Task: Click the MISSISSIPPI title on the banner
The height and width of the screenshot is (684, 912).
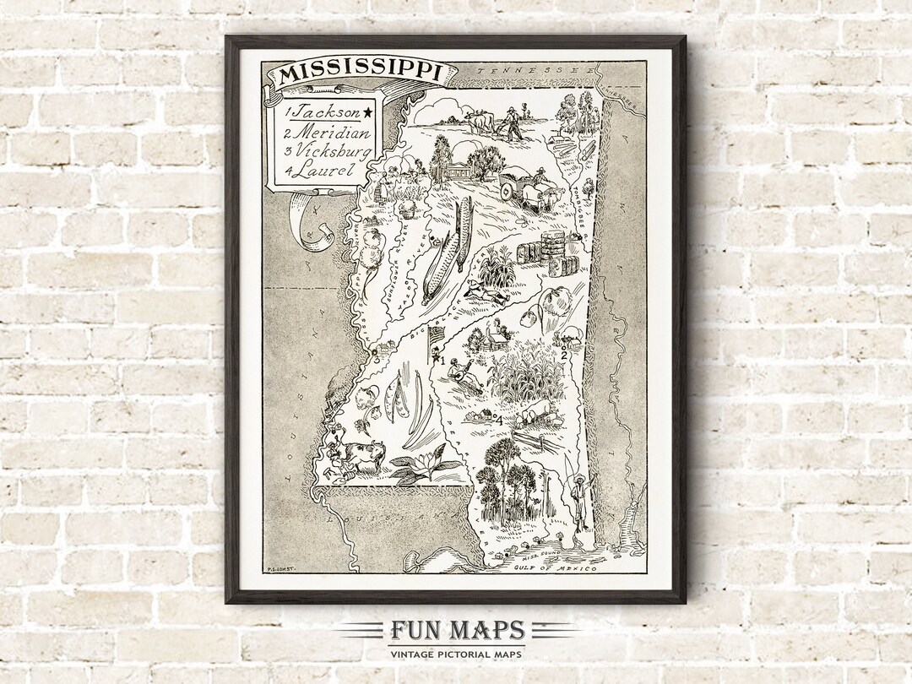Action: point(361,72)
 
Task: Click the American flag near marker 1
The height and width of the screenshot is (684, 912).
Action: point(437,335)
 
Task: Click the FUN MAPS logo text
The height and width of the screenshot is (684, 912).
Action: point(456,631)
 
